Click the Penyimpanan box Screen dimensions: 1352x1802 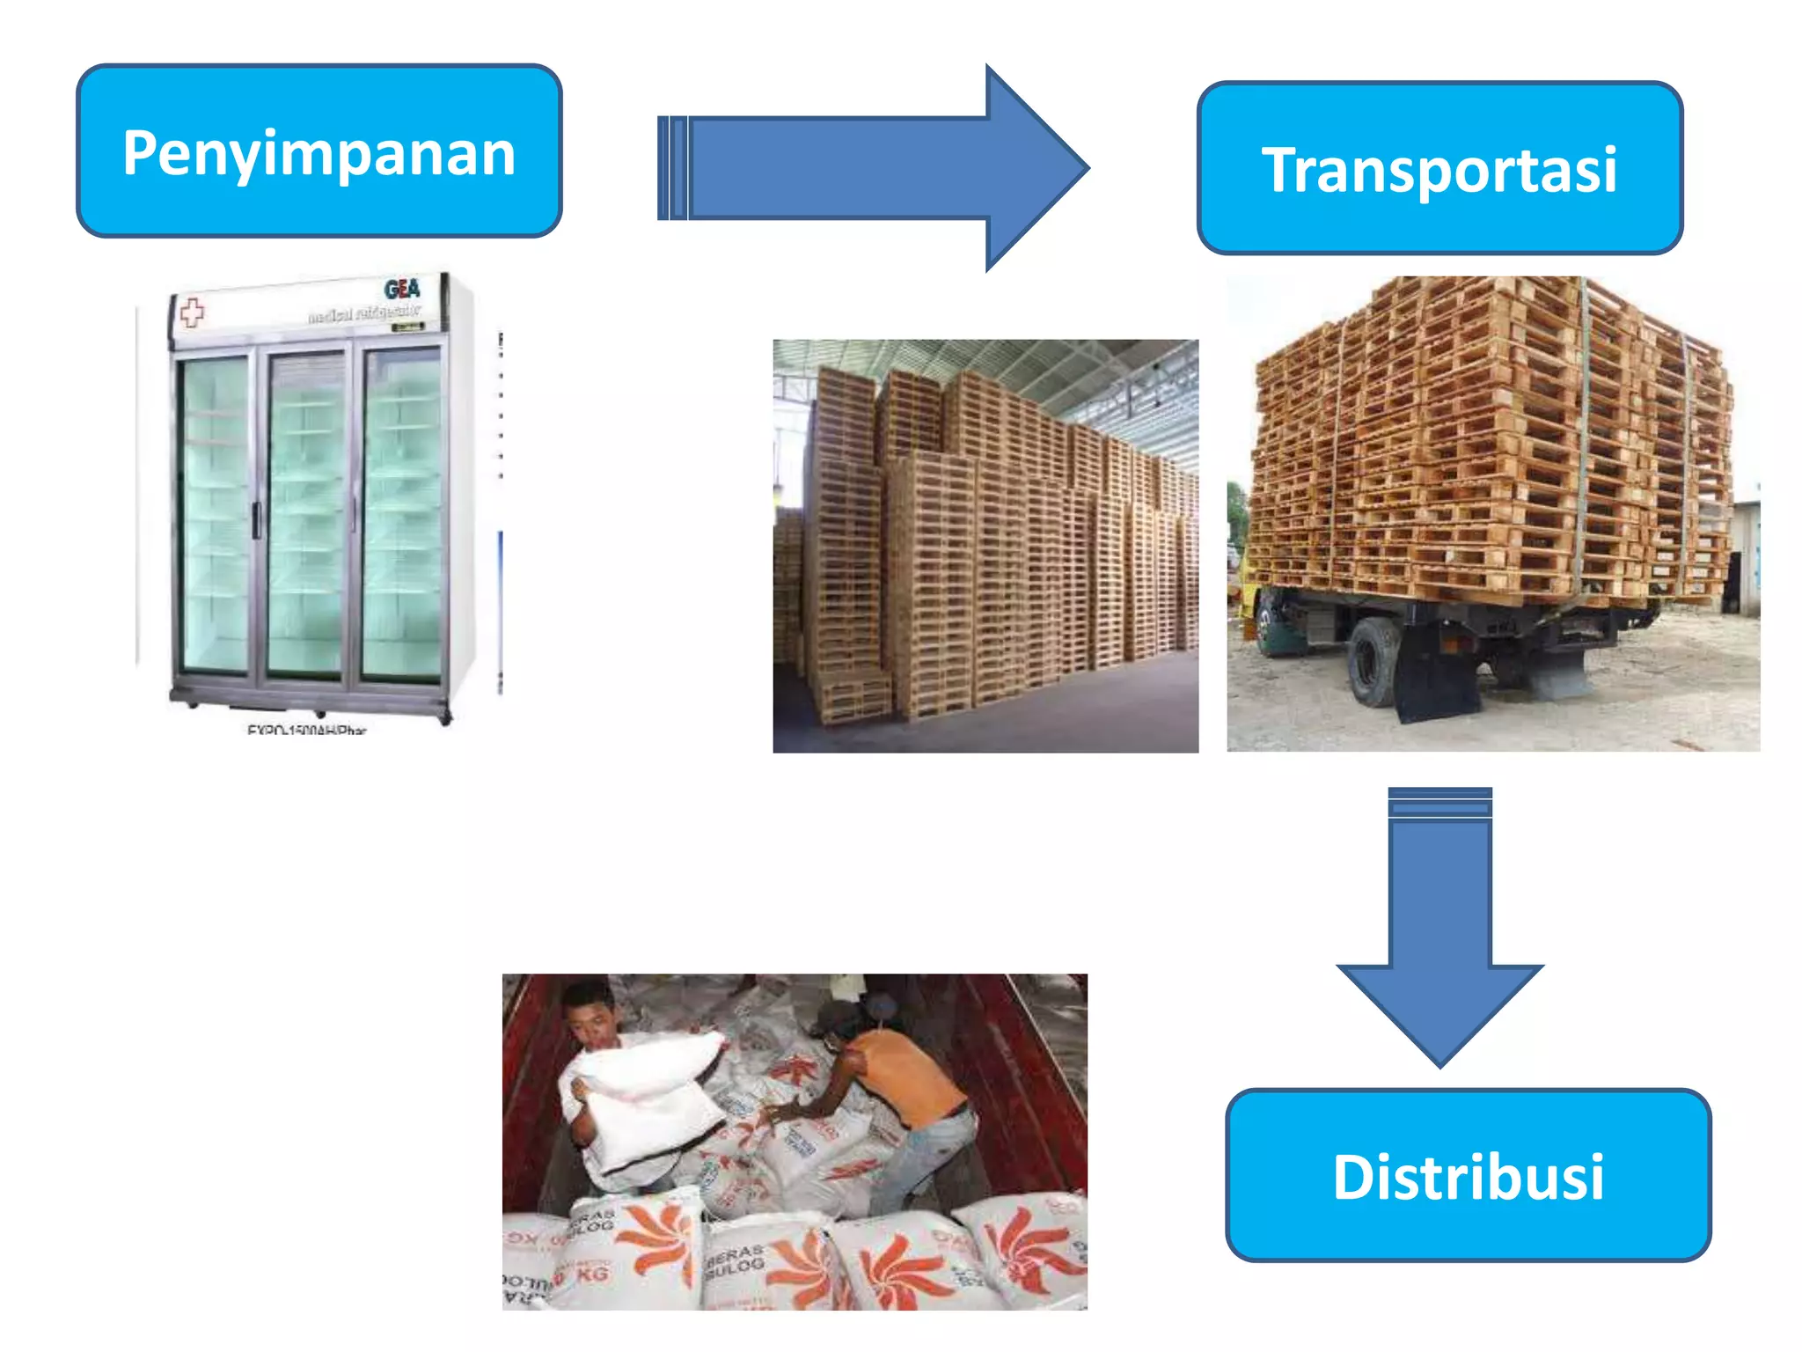point(319,151)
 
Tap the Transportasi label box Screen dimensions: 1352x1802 point(1439,168)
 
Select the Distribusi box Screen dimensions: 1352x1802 point(1468,1176)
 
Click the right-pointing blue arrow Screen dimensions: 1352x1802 point(871,167)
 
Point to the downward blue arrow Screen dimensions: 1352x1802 point(1439,924)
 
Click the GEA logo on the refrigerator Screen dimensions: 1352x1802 point(402,289)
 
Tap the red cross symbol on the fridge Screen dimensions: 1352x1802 point(192,312)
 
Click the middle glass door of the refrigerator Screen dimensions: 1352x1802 point(305,515)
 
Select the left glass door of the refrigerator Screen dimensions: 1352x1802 point(215,515)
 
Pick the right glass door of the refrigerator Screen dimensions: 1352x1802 point(401,515)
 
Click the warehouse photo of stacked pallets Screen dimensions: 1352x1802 point(985,546)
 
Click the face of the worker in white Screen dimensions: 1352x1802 point(591,1021)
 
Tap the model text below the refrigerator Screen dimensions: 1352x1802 point(306,730)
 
